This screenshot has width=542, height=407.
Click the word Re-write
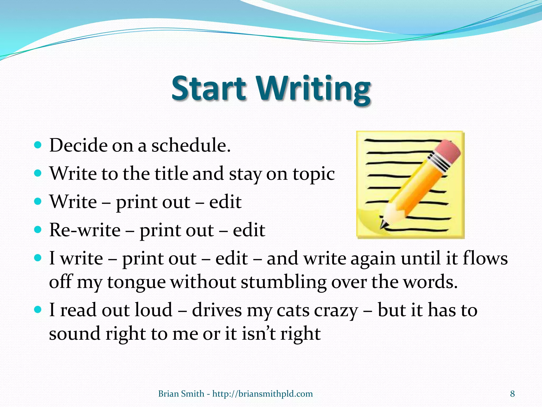point(85,230)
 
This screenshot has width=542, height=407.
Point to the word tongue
point(136,282)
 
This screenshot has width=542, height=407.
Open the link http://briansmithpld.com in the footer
point(262,394)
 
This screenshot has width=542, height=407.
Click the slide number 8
point(512,394)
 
